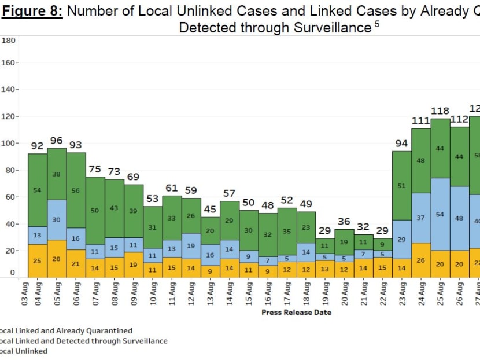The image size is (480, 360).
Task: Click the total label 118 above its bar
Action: click(x=440, y=111)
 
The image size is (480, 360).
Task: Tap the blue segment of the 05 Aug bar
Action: click(x=57, y=219)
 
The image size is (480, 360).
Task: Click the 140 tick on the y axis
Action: click(x=9, y=90)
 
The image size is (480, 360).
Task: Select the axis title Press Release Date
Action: click(x=296, y=313)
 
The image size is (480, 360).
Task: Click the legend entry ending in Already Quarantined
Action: click(x=66, y=331)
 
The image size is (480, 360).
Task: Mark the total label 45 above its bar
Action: click(x=210, y=209)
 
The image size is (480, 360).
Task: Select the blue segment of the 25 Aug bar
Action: click(x=440, y=214)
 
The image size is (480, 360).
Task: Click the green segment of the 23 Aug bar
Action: click(x=401, y=185)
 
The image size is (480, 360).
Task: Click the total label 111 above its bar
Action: click(x=420, y=120)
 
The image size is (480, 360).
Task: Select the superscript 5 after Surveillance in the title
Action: click(x=376, y=24)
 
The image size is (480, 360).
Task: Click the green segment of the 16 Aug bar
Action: click(x=268, y=235)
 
